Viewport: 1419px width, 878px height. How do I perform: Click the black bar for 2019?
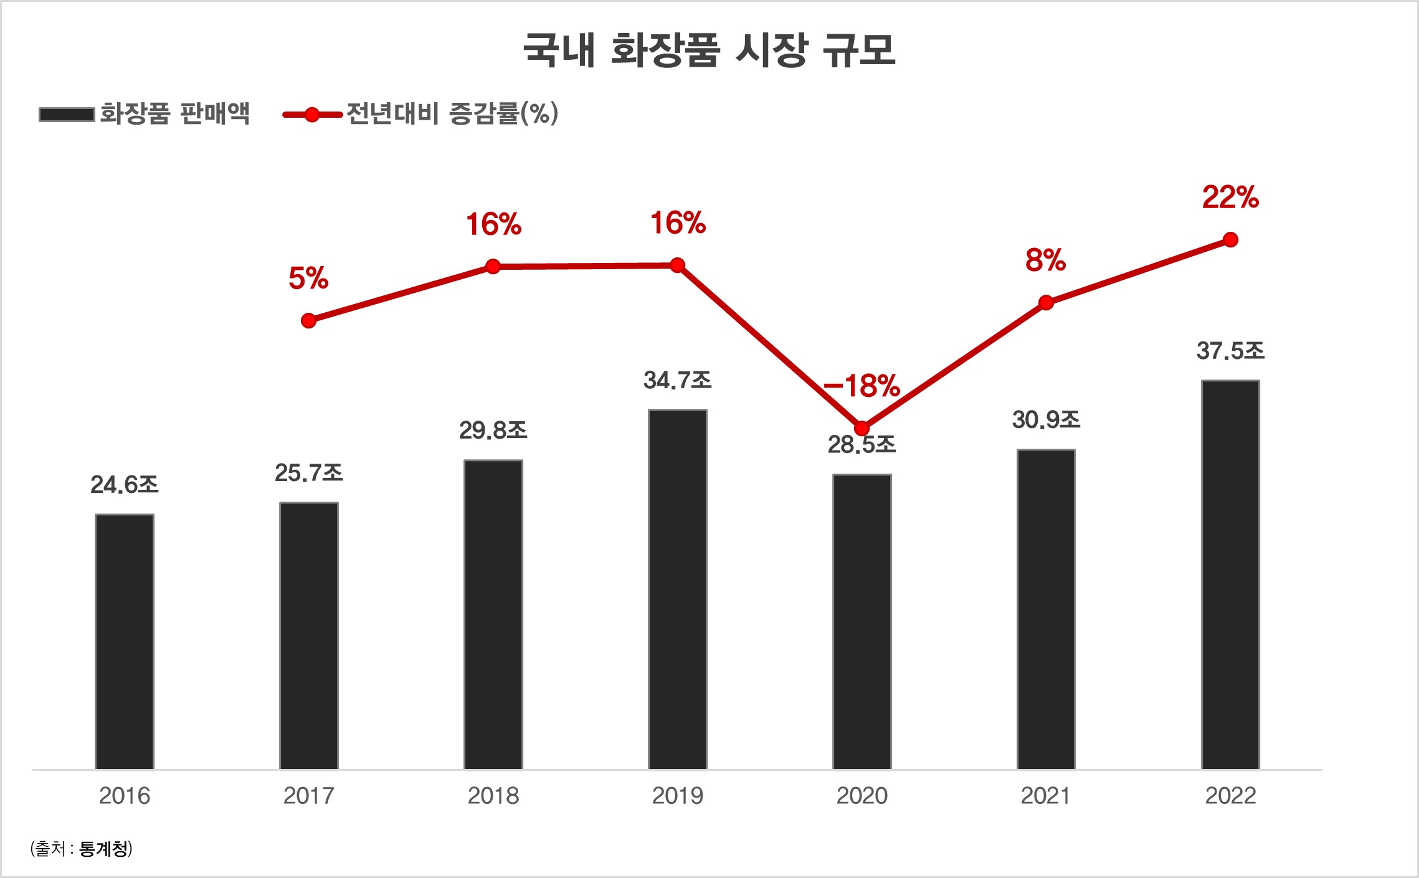click(x=677, y=589)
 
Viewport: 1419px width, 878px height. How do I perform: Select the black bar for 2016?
click(x=125, y=642)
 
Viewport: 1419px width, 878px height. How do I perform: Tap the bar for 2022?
click(x=1230, y=575)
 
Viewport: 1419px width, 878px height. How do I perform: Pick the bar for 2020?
click(x=861, y=622)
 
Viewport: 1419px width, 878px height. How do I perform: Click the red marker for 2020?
click(x=861, y=428)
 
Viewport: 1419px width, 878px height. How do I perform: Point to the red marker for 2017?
click(x=308, y=321)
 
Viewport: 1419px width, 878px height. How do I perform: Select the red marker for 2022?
click(x=1230, y=240)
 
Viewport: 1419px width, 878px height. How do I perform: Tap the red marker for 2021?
click(x=1046, y=303)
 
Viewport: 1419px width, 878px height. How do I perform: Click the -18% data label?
click(x=861, y=386)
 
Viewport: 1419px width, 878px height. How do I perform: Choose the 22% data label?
click(x=1230, y=198)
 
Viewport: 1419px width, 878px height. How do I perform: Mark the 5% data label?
click(x=308, y=278)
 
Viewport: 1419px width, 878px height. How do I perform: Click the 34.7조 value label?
click(x=677, y=380)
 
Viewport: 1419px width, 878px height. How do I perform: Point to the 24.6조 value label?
click(x=125, y=485)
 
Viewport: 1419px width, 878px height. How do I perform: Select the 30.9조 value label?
click(x=1046, y=420)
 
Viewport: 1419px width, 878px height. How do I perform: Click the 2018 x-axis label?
click(x=493, y=796)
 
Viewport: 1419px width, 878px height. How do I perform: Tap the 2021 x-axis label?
click(x=1046, y=796)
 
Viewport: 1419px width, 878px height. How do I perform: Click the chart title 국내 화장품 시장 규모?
click(x=709, y=50)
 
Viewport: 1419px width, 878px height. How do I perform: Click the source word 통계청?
click(x=104, y=849)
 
